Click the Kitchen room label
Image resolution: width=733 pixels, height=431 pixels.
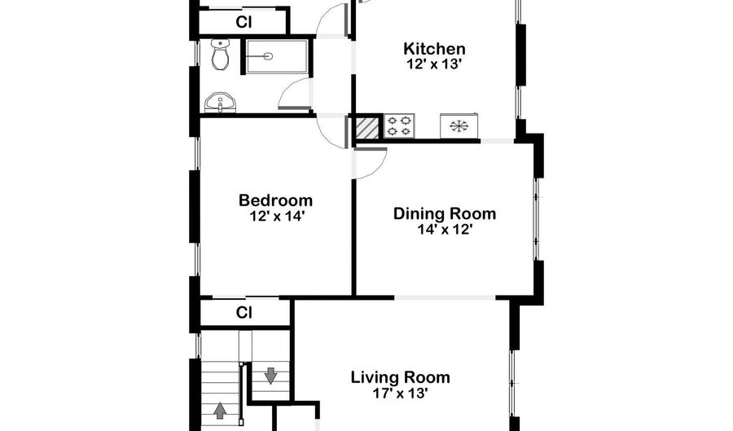(x=434, y=49)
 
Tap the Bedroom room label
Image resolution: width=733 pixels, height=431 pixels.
(x=275, y=200)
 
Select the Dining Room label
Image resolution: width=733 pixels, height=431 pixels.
(x=444, y=213)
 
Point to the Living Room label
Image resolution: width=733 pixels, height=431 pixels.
(x=401, y=377)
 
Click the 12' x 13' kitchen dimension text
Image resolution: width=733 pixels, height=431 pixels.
(x=434, y=64)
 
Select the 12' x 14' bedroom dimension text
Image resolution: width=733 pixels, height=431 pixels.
(x=277, y=216)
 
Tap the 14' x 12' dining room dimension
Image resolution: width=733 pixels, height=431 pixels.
(x=446, y=229)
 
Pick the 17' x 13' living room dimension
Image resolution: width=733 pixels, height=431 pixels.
(x=401, y=394)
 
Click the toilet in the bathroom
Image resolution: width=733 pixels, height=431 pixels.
(x=220, y=55)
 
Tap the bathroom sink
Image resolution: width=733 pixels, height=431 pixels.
(x=221, y=103)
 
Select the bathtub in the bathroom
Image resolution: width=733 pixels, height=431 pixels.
(x=277, y=56)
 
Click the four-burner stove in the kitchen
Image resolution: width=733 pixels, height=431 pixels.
(x=399, y=125)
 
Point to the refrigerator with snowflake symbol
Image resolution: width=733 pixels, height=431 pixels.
(x=459, y=125)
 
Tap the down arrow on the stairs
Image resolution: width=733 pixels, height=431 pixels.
(x=270, y=376)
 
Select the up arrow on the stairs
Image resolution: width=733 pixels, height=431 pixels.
(x=220, y=411)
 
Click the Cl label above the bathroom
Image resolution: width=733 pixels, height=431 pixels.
(x=244, y=22)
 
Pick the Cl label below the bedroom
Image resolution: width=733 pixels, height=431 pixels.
(x=244, y=312)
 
